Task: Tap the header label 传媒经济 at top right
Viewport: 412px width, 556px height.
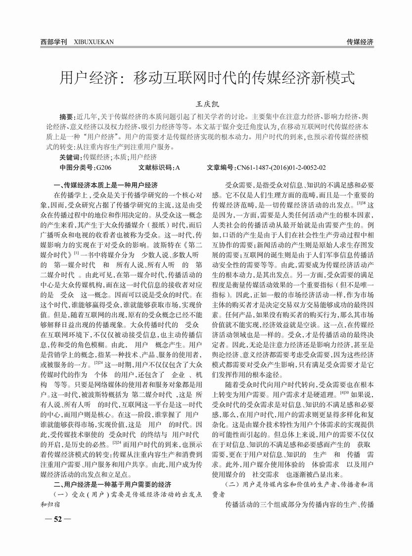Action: (x=360, y=42)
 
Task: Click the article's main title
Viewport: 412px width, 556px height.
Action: (x=207, y=77)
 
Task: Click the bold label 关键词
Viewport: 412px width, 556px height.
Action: (x=69, y=157)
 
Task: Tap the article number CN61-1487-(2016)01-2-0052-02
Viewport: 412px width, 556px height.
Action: (x=281, y=167)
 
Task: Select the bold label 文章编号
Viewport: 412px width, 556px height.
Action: (x=221, y=167)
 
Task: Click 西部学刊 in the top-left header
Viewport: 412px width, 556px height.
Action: (x=53, y=42)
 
